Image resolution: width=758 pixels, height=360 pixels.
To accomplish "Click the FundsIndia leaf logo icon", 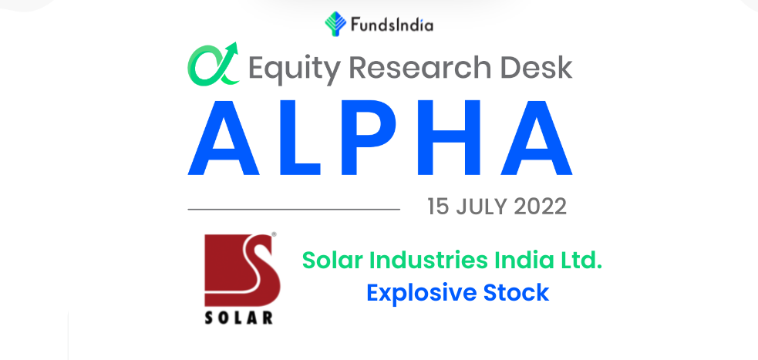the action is pos(335,24).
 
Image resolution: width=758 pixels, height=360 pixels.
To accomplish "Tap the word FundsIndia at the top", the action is pos(392,25).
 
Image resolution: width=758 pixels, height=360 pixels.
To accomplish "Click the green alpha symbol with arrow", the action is pos(213,64).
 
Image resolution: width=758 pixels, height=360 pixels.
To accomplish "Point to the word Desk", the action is pos(533,67).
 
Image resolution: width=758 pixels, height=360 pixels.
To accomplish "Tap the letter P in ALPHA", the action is pos(369,137).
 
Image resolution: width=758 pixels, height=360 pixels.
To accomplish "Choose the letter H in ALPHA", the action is pos(448,137).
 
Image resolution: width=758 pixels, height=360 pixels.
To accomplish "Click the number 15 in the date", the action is pos(438,207).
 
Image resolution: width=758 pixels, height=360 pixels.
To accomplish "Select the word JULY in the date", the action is pos(481,207).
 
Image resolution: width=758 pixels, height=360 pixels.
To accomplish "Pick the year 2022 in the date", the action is pos(540,207).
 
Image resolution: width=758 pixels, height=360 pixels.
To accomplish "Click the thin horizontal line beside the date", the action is pos(294,209).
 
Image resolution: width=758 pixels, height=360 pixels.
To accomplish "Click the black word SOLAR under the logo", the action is pos(239,318).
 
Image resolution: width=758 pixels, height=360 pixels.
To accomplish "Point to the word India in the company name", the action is pos(521,261).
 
